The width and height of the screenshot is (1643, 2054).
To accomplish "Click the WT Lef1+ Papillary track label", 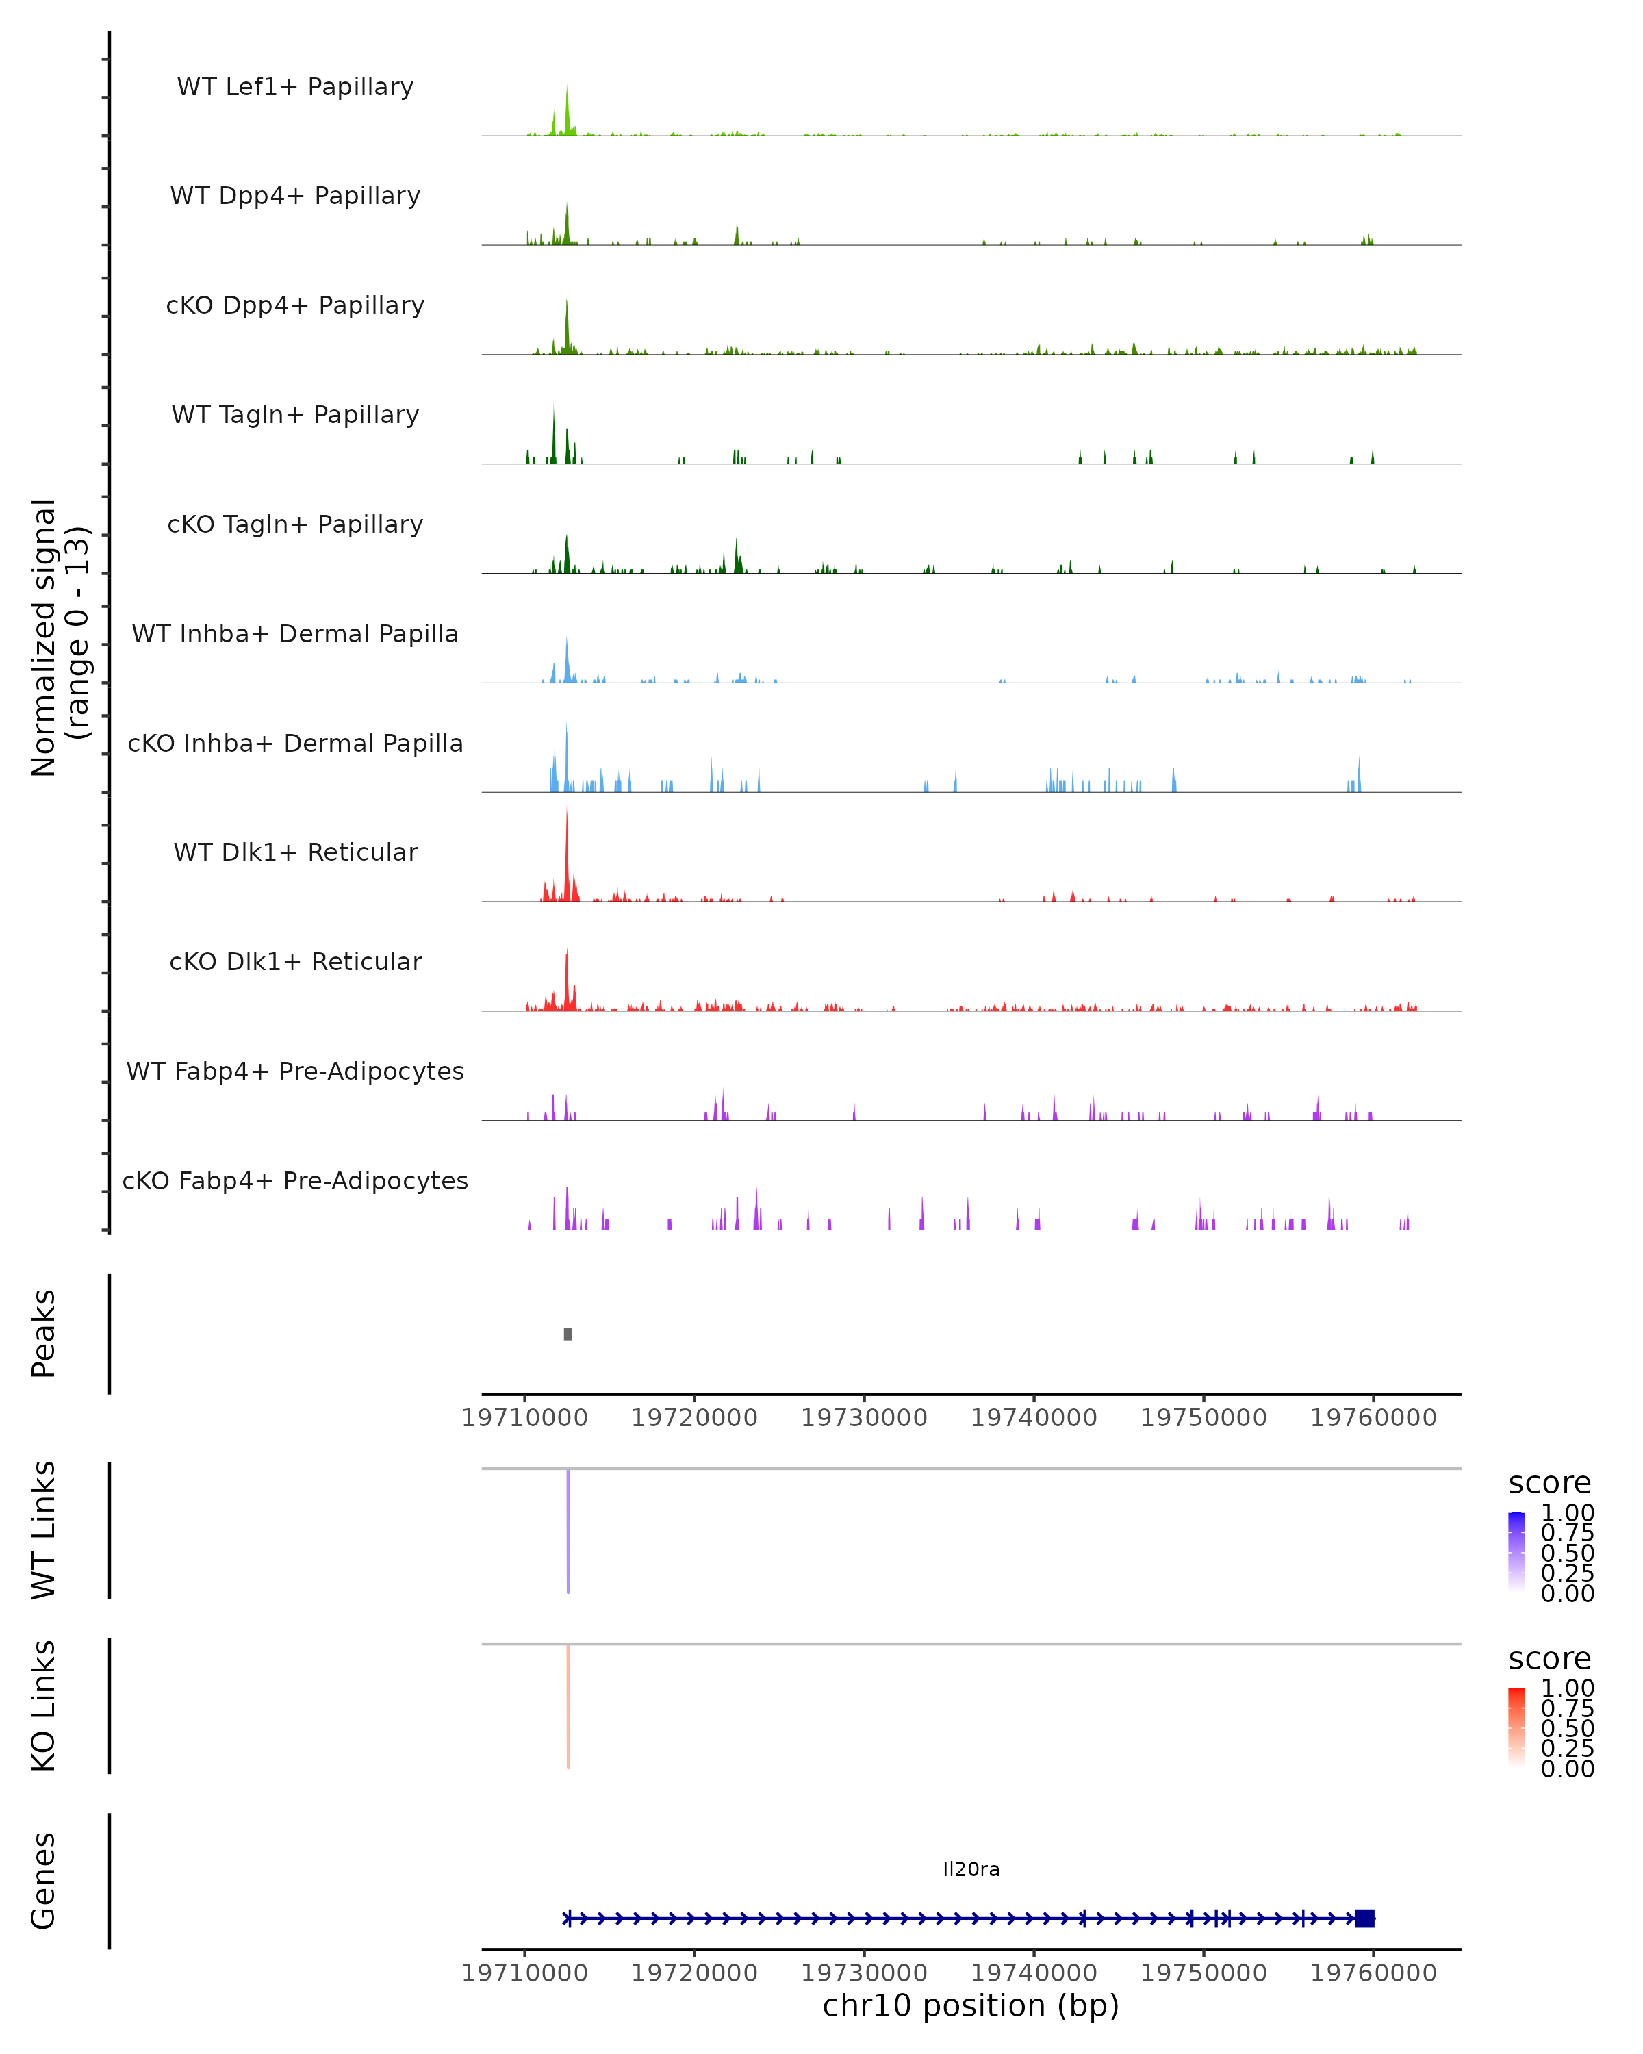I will tap(295, 87).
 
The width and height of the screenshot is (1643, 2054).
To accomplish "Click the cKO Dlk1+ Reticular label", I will tap(295, 961).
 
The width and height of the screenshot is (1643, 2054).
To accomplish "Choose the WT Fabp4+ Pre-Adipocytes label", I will tap(295, 1071).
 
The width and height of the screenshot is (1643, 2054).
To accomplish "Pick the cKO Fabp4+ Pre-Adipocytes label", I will tap(295, 1180).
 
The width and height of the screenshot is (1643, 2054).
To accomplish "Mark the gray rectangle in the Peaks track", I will tap(568, 1334).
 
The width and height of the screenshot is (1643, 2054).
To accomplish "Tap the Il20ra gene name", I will tap(971, 1869).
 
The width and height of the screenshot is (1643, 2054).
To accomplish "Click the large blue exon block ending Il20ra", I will tap(1364, 1918).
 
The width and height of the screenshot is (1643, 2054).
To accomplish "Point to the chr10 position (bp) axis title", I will tap(971, 2005).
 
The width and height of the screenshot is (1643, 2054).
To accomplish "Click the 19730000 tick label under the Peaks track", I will tap(864, 1418).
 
